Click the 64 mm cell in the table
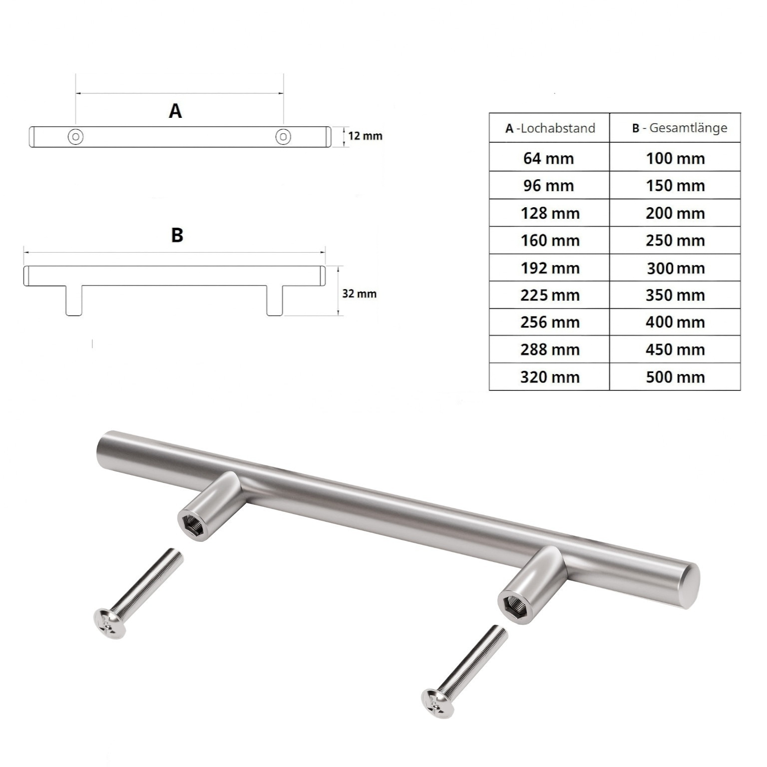coord(549,158)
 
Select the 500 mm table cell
coord(675,377)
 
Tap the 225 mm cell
coord(549,295)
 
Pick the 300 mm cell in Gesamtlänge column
coord(675,268)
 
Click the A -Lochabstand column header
coord(549,128)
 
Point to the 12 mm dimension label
coord(365,136)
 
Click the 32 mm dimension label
coord(359,294)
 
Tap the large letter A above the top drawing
coord(175,110)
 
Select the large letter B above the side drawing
coord(177,235)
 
